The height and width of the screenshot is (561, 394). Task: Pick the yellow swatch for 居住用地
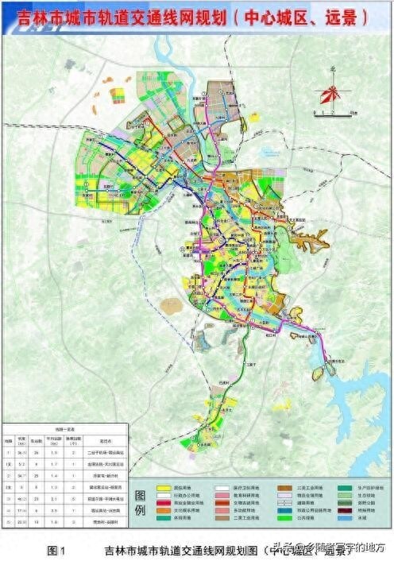(163, 486)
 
